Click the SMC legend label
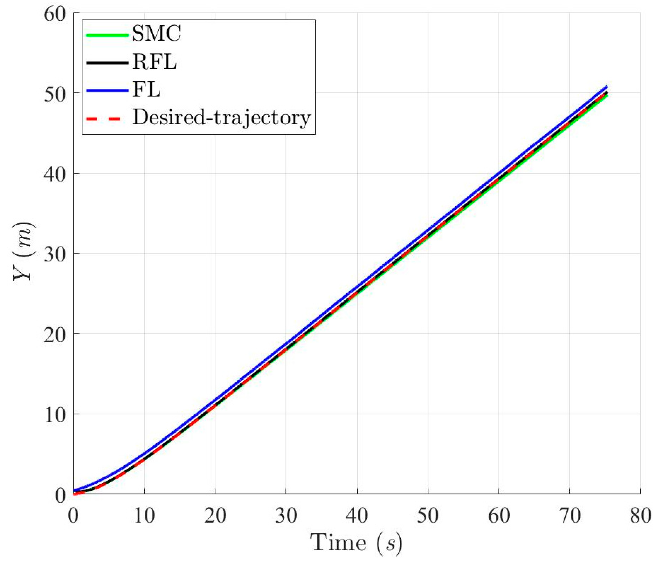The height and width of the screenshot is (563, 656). pyautogui.click(x=156, y=34)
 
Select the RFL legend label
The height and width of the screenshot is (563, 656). pyautogui.click(x=154, y=62)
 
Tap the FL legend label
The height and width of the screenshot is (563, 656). pyautogui.click(x=146, y=90)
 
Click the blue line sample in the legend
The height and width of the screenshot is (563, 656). pyautogui.click(x=107, y=91)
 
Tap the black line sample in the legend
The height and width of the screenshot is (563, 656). pyautogui.click(x=107, y=63)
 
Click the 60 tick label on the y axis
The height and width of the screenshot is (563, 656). pyautogui.click(x=55, y=14)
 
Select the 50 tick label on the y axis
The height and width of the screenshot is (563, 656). pyautogui.click(x=55, y=94)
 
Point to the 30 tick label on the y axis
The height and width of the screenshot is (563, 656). pyautogui.click(x=55, y=254)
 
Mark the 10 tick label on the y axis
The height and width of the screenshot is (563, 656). pyautogui.click(x=55, y=415)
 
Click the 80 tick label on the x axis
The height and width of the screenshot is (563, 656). pyautogui.click(x=640, y=516)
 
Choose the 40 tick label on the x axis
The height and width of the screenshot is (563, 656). pyautogui.click(x=357, y=516)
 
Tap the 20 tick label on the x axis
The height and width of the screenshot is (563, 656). pyautogui.click(x=215, y=516)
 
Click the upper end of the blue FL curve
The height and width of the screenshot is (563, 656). pyautogui.click(x=606, y=87)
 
